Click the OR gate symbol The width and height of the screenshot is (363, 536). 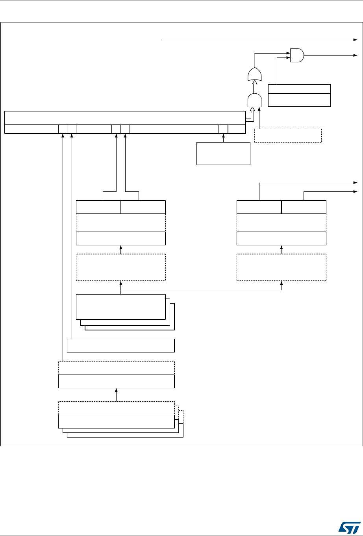click(254, 74)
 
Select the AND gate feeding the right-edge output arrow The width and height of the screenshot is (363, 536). click(297, 55)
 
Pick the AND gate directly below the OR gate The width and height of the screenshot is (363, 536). click(254, 101)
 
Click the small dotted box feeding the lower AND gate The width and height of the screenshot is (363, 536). click(288, 135)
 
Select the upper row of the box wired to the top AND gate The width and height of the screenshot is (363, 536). click(299, 89)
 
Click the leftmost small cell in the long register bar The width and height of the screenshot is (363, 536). click(63, 129)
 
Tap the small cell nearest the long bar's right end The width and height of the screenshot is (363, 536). click(223, 129)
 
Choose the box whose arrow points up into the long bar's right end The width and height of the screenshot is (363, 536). click(223, 153)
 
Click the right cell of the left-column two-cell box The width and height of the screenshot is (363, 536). click(143, 207)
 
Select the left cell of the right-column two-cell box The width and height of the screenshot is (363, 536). click(259, 207)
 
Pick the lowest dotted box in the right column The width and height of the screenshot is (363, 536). click(281, 267)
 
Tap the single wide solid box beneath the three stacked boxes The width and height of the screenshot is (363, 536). click(121, 345)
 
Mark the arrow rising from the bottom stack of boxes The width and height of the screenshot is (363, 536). click(117, 394)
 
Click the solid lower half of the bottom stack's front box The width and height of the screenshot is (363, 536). click(116, 421)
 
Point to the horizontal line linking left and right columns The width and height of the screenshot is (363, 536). click(201, 290)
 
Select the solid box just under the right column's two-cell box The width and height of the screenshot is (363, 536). click(281, 239)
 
